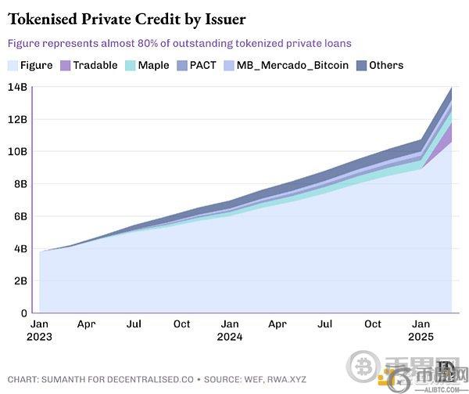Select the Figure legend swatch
(13, 65)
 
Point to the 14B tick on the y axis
(16, 87)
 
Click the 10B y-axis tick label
(16, 151)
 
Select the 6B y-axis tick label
(18, 216)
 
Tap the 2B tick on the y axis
(18, 280)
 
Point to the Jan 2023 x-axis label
(40, 330)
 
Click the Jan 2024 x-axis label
(230, 330)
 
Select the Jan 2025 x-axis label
(421, 330)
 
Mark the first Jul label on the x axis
(134, 323)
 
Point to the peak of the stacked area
(452, 88)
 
